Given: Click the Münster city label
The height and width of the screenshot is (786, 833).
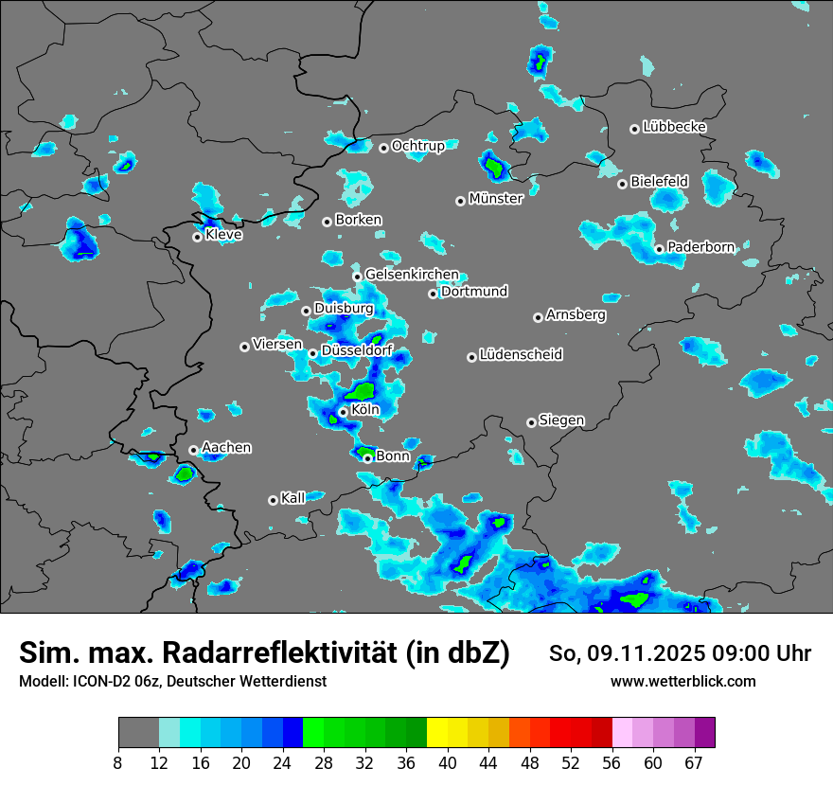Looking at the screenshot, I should pyautogui.click(x=496, y=199).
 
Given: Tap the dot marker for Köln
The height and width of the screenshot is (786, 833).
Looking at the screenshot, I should pyautogui.click(x=343, y=412).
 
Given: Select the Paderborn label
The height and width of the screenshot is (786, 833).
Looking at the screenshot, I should pyautogui.click(x=700, y=247).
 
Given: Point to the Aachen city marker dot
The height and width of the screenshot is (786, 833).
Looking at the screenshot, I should pyautogui.click(x=193, y=450).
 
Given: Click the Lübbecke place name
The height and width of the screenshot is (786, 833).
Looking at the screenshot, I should pyautogui.click(x=674, y=127).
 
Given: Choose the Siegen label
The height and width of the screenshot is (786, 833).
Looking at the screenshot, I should pyautogui.click(x=561, y=420).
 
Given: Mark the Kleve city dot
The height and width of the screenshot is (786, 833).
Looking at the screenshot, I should pyautogui.click(x=197, y=237).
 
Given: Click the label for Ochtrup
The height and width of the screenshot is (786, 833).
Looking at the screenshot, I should pyautogui.click(x=417, y=146).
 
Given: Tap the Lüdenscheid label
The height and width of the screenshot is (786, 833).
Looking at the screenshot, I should pyautogui.click(x=521, y=355).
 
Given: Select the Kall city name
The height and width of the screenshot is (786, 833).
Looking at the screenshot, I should pyautogui.click(x=293, y=498).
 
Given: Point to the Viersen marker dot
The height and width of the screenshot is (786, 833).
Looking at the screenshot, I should pyautogui.click(x=244, y=347).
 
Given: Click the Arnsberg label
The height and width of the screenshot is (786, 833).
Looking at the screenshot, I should pyautogui.click(x=576, y=315).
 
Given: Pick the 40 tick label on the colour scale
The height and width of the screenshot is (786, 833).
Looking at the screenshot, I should pyautogui.click(x=449, y=763).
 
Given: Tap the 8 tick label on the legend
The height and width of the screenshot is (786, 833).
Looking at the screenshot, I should pyautogui.click(x=118, y=763).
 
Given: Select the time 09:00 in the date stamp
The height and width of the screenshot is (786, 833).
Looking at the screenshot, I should pyautogui.click(x=714, y=653).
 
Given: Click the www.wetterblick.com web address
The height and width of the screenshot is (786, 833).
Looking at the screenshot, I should pyautogui.click(x=683, y=682).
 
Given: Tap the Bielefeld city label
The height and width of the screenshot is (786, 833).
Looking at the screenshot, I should pyautogui.click(x=659, y=181).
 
